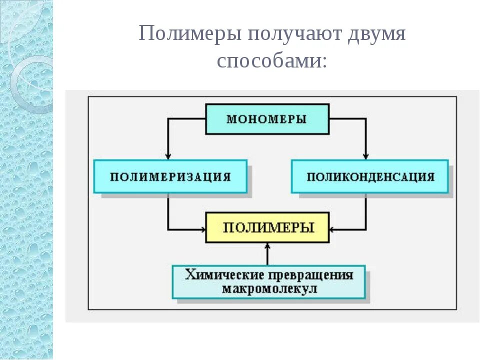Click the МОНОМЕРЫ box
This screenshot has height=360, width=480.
tap(267, 119)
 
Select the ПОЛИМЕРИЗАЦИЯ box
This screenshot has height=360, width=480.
tap(170, 176)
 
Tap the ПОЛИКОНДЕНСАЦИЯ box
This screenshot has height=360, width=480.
tap(369, 176)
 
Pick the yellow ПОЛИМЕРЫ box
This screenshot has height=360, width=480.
tap(267, 228)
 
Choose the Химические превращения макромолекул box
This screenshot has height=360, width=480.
tap(268, 282)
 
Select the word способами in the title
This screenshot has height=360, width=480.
tap(268, 61)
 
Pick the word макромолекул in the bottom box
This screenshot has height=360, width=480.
tap(269, 289)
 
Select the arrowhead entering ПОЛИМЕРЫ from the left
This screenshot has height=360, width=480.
tap(203, 229)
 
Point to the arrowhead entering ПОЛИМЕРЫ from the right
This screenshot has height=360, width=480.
tap(333, 229)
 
